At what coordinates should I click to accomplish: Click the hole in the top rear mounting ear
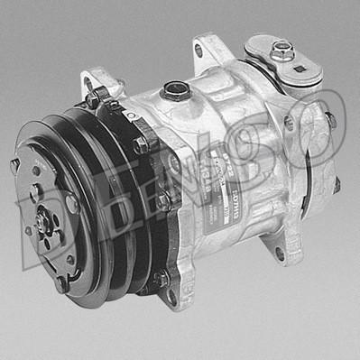click(198, 51)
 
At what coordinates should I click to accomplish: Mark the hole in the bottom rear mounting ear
click(279, 255)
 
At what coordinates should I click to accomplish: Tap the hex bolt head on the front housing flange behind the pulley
click(141, 144)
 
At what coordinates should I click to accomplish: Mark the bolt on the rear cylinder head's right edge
click(330, 119)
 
